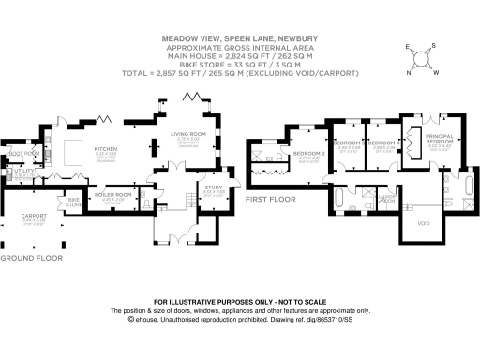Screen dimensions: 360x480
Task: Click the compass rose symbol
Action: pos(424,57)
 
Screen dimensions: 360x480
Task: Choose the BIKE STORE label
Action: pos(74,202)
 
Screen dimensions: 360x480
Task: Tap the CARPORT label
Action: pos(32,220)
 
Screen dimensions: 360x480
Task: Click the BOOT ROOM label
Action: pos(23,153)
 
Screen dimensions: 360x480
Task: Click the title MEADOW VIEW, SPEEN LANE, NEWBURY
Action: pos(240,39)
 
